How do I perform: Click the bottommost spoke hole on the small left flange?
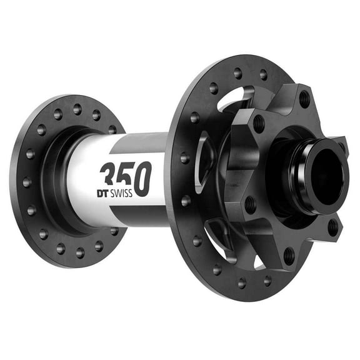click(80, 252)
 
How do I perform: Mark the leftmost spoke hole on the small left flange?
click(26, 182)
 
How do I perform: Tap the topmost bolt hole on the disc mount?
click(304, 99)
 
